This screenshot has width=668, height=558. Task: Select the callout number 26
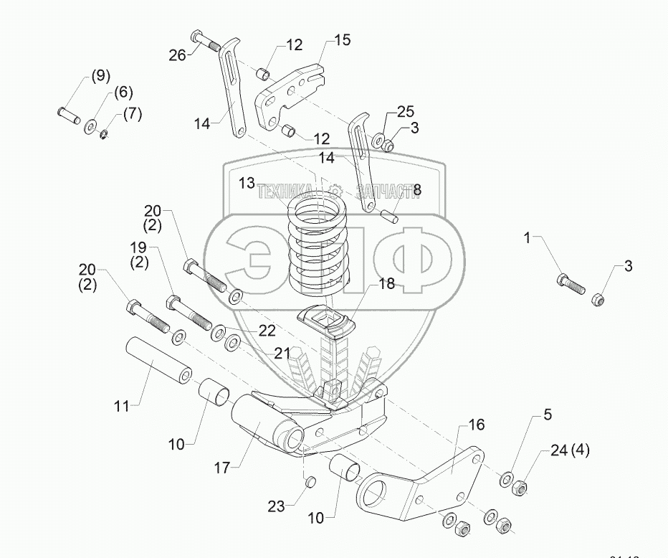[177, 54]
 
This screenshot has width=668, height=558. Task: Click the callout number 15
[342, 39]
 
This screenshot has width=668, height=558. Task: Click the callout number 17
[221, 468]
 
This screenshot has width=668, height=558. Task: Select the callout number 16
[476, 425]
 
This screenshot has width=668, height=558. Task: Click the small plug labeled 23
[311, 481]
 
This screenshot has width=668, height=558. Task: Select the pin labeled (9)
[68, 114]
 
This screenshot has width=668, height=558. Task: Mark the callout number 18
[386, 284]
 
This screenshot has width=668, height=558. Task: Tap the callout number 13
[247, 184]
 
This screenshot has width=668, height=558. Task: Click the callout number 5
[547, 414]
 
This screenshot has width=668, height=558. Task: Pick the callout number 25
[406, 112]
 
